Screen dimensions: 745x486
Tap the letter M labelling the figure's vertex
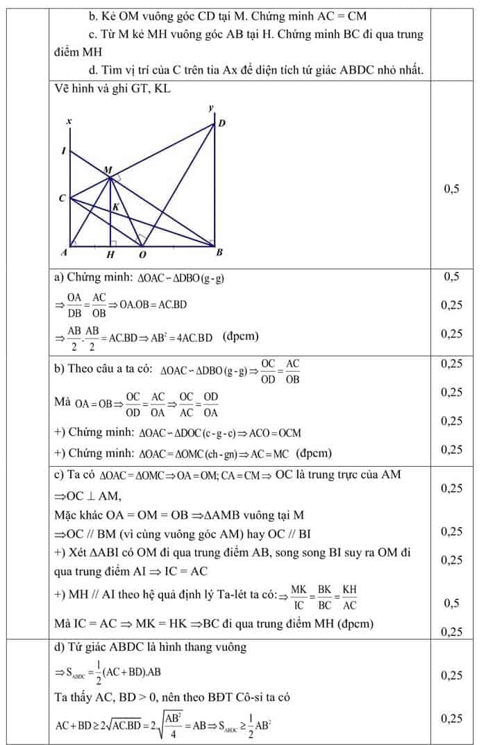(x=107, y=170)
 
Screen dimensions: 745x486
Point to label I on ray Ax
(x=63, y=151)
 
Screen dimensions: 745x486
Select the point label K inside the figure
(x=116, y=207)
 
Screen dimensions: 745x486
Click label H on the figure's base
(x=110, y=255)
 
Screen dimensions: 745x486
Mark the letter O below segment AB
(x=143, y=255)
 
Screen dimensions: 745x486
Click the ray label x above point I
(x=68, y=122)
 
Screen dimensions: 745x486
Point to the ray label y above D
(x=210, y=108)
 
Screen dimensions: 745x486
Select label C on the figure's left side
(x=62, y=199)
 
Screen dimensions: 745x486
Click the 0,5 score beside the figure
(x=451, y=189)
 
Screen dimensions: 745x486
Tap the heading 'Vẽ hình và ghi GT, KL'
(x=112, y=89)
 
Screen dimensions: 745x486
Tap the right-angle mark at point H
(x=114, y=243)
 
